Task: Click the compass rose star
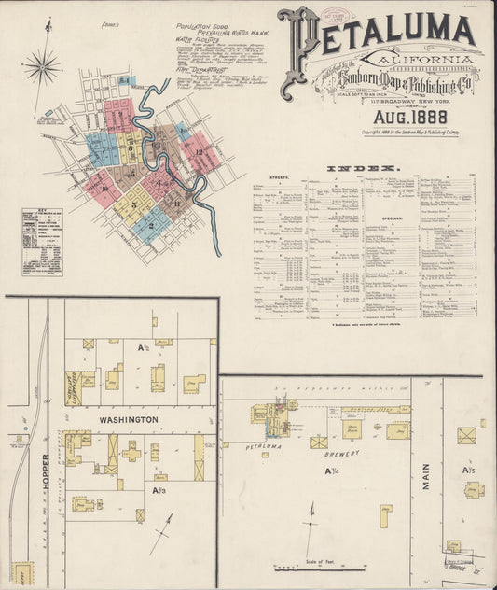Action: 42,66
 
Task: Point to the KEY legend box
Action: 42,241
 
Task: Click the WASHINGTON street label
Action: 124,421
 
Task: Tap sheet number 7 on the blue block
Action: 105,149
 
